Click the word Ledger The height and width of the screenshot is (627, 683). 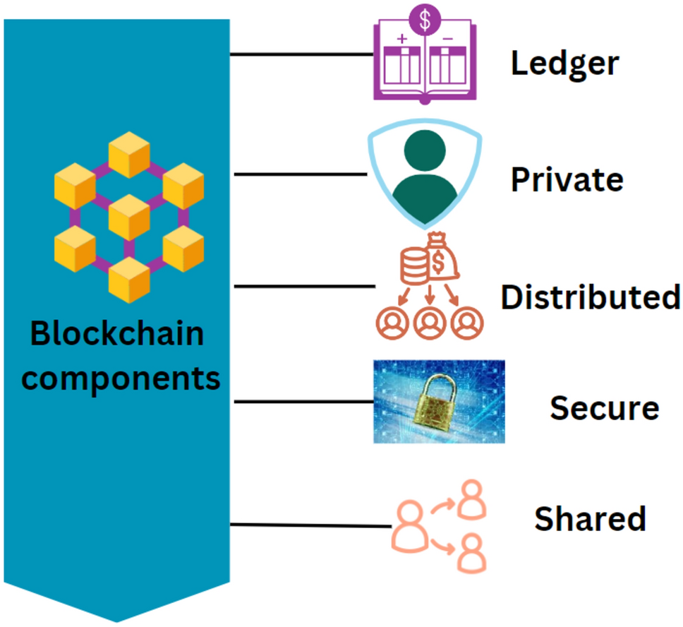point(564,64)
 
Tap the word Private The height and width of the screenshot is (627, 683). point(567,180)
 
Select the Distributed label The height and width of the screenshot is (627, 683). point(590,297)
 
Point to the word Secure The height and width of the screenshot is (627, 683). point(604,407)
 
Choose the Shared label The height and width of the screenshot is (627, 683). point(590,518)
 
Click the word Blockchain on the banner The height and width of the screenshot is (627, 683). point(116,334)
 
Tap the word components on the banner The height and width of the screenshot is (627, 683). point(120,378)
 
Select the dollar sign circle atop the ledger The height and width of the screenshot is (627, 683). point(425,19)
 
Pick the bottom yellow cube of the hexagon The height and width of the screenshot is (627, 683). point(129,280)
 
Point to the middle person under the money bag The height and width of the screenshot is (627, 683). point(428,321)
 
